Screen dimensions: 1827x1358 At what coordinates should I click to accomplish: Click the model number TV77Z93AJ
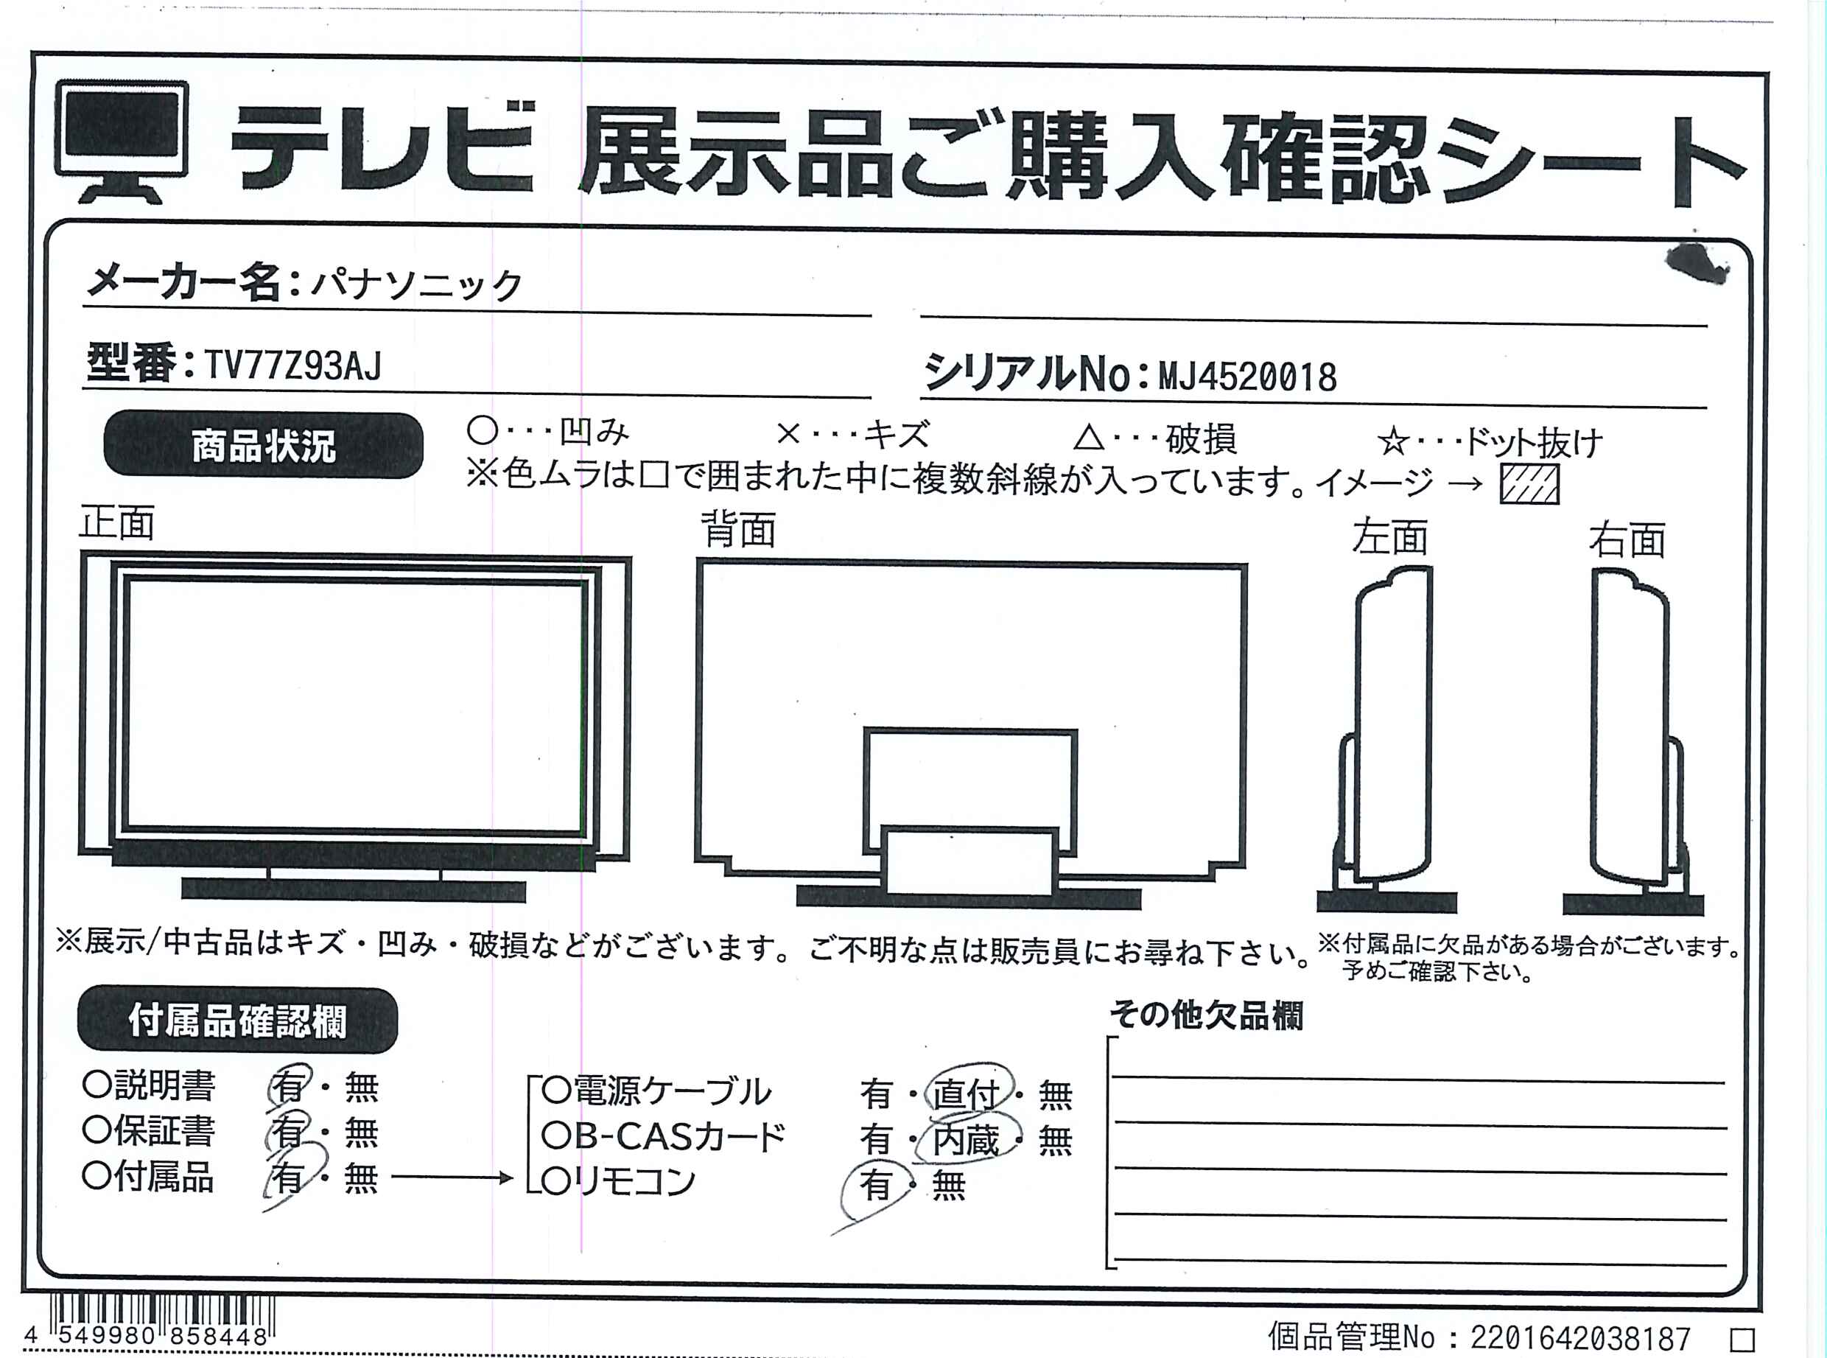[x=292, y=365]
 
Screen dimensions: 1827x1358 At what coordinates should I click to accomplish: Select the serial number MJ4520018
[x=1247, y=377]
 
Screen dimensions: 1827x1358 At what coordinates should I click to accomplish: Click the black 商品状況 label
[x=264, y=446]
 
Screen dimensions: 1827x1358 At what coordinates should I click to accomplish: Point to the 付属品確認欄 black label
[x=237, y=1020]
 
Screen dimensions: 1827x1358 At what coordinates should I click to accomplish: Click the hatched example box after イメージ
[x=1529, y=484]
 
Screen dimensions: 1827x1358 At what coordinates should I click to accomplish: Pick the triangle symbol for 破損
[x=1089, y=438]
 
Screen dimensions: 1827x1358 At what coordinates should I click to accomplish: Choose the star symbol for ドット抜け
[x=1394, y=443]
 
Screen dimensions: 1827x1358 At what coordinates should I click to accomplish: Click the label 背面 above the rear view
[x=738, y=529]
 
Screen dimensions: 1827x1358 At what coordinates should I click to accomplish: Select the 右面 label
[x=1627, y=540]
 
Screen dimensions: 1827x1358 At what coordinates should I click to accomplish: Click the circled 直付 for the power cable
[x=967, y=1094]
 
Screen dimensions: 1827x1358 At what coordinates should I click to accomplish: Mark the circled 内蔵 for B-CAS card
[x=967, y=1139]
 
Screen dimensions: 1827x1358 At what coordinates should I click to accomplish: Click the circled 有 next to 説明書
[x=290, y=1086]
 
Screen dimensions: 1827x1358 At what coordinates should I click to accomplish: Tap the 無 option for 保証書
[x=361, y=1133]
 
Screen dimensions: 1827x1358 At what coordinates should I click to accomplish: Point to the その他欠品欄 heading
[x=1207, y=1015]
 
